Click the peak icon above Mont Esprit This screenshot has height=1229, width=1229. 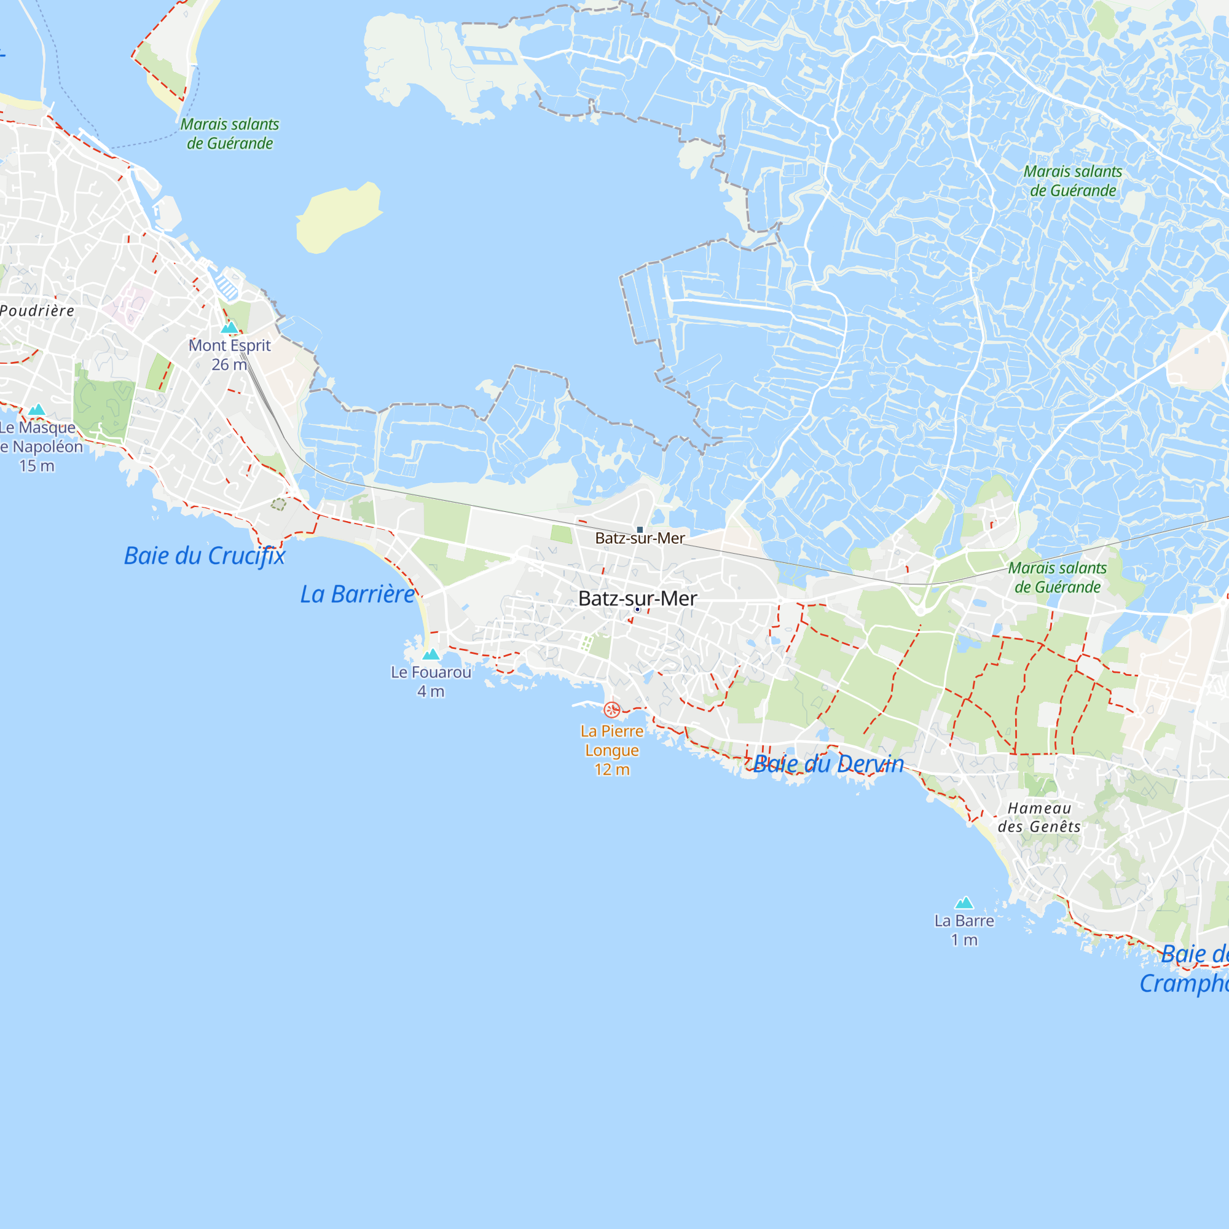point(229,328)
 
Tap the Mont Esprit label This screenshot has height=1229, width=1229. point(230,345)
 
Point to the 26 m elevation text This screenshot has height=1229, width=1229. point(229,364)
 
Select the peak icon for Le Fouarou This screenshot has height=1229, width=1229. point(431,654)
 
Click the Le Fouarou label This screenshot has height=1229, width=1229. point(431,672)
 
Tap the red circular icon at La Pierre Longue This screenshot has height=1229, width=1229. point(612,709)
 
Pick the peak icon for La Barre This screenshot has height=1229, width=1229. point(964,903)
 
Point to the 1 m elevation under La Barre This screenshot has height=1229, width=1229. point(964,940)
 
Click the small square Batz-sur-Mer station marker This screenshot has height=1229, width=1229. point(640,529)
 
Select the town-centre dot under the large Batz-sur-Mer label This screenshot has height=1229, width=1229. point(637,610)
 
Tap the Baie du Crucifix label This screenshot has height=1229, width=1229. point(205,556)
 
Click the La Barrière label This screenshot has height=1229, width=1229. point(358,594)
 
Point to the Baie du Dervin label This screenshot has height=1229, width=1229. point(828,764)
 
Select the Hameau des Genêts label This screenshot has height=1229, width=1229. point(1040,817)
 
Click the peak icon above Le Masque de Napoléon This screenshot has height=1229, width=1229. point(37,410)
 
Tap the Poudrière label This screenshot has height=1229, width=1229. point(37,310)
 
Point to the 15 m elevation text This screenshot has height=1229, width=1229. point(37,466)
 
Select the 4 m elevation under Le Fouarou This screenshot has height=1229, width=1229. point(431,691)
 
